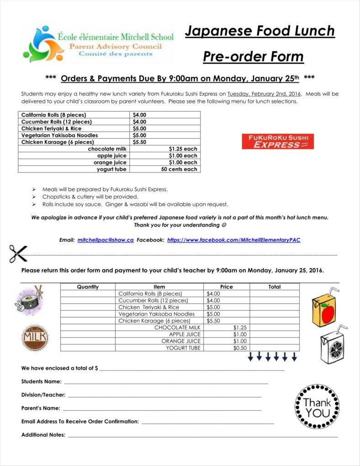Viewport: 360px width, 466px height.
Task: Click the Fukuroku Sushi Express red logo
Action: pos(278,141)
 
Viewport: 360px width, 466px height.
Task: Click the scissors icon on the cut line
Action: pos(18,253)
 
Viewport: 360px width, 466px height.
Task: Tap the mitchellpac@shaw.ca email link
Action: pos(106,240)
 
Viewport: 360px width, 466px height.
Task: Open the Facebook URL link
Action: pos(233,240)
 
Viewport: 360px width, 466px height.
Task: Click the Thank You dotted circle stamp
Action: pos(317,407)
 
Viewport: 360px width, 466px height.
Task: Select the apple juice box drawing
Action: pos(324,307)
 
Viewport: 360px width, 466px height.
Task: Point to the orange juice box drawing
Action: pos(333,345)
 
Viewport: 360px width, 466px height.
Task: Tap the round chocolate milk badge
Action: pos(35,337)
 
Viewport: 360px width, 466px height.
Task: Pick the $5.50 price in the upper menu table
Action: pos(139,142)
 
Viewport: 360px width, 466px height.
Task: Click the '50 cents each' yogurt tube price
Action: pos(179,169)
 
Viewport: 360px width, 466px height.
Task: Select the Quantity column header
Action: pos(88,287)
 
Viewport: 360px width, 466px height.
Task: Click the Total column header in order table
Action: pos(275,287)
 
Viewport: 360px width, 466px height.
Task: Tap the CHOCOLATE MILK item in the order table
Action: pos(177,327)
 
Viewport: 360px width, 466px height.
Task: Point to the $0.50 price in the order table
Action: pos(240,348)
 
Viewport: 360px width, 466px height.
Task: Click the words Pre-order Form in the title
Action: pos(253,57)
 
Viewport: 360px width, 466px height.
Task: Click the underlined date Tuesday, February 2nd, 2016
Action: pos(264,94)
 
